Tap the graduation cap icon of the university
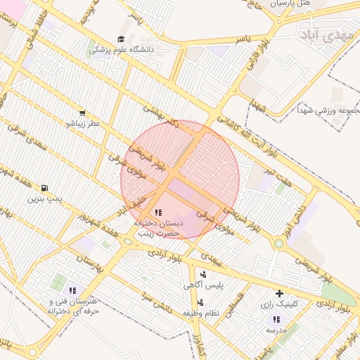tap(121, 39)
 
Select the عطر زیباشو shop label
tap(83, 124)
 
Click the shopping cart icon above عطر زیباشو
tap(83, 112)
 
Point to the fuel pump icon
tap(45, 188)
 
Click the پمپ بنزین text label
tap(45, 200)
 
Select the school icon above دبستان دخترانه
tap(157, 212)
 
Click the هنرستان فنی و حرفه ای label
tap(72, 305)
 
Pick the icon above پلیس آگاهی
tap(203, 274)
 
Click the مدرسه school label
tap(276, 329)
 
